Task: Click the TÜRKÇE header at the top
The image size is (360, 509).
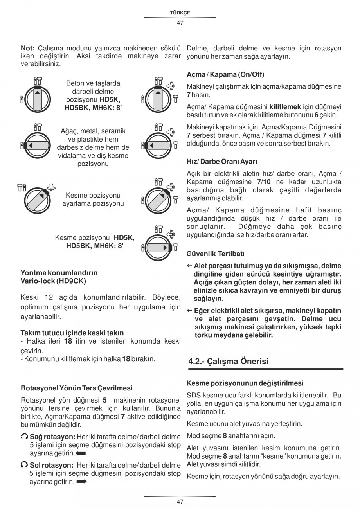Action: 180,13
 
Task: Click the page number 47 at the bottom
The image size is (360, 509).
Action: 180,502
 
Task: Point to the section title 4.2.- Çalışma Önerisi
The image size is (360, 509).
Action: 229,361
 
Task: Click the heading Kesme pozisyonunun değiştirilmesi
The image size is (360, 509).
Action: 245,383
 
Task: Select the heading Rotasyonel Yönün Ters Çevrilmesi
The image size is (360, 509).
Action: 76,388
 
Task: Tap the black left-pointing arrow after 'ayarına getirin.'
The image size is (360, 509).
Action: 81,453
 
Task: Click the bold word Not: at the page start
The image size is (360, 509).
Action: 28,48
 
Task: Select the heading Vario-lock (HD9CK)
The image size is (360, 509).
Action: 53,281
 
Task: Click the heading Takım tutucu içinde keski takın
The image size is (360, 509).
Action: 72,333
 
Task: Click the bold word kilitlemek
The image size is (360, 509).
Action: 285,107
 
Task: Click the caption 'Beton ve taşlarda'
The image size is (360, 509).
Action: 93,83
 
